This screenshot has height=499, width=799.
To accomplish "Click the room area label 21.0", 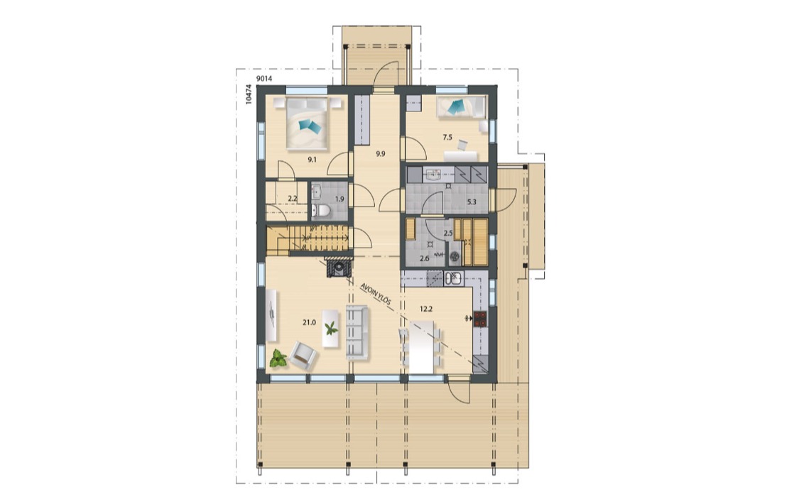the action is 309,322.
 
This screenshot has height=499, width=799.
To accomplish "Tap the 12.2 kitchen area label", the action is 427,309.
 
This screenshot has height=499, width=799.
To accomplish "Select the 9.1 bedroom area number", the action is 312,160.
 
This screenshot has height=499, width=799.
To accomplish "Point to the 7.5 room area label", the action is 447,137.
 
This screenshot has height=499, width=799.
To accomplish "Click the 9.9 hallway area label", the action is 380,153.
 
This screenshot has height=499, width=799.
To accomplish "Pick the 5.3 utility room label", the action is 472,202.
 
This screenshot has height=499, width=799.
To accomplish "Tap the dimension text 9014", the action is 264,78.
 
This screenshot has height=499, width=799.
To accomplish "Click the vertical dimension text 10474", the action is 249,94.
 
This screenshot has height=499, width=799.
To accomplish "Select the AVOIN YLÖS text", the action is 376,294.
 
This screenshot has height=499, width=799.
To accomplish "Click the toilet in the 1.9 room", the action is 321,210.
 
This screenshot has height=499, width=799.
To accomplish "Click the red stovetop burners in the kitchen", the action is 480,319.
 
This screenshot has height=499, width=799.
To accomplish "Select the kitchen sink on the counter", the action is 453,278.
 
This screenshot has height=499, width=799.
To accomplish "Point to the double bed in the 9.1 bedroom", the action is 305,124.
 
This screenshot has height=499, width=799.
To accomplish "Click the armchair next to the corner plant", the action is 303,355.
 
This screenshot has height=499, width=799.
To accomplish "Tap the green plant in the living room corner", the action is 278,358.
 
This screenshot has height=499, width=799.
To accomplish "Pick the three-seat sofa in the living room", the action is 357,332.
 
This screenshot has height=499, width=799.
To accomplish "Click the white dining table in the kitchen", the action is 421,347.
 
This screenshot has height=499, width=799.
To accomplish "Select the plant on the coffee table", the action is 331,328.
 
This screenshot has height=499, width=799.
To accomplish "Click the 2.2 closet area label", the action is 293,199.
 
